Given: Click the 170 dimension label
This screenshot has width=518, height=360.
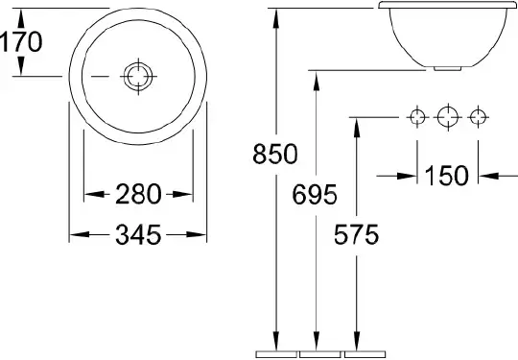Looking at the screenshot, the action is pos(21,41).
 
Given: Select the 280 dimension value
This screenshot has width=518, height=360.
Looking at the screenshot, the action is pos(138,194).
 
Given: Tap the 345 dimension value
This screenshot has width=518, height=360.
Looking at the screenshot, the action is pos(138,234).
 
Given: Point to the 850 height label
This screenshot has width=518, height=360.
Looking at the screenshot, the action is pos(275,154).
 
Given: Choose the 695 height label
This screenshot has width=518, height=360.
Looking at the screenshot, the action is pos(315,195).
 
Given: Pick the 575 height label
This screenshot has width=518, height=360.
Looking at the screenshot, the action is pos(356,234).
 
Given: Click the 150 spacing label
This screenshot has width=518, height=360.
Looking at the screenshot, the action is pos(447,176).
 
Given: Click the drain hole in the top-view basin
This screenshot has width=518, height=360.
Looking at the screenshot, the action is pos(138,77).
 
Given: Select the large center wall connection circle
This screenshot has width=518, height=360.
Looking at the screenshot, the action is pos(448,117).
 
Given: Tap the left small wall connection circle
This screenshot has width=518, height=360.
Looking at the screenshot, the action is pos(417,117).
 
